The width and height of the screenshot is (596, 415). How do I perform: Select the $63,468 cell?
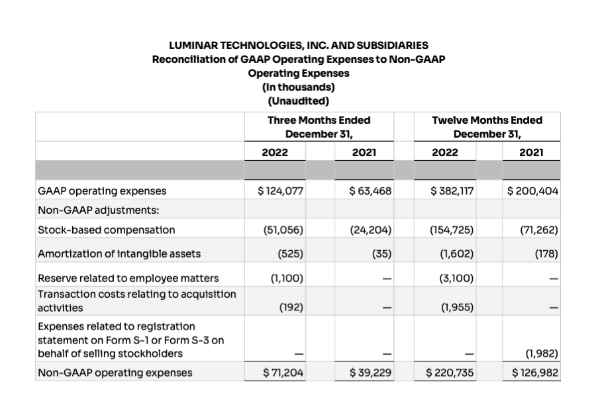pos(371,191)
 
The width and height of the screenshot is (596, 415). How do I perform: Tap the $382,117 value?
pos(452,191)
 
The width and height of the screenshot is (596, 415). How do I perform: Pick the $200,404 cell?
pos(533,191)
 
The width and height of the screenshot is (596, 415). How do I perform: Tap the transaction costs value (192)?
pos(291,308)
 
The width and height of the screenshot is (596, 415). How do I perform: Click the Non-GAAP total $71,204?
pos(283,373)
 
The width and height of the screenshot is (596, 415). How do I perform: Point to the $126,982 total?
pos(535,373)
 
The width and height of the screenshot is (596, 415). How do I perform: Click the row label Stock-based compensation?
pos(107,230)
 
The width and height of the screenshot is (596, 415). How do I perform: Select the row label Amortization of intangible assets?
pos(119,254)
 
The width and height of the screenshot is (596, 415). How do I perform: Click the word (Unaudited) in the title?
pos(299,101)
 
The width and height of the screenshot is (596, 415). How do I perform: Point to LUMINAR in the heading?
pos(192,46)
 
